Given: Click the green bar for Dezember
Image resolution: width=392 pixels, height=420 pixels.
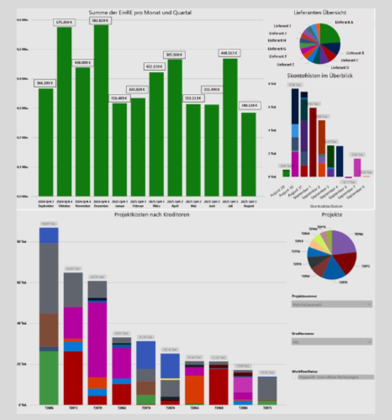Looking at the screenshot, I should tap(101, 112).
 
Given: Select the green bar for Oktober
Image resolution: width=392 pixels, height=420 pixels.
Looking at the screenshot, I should tap(64, 112).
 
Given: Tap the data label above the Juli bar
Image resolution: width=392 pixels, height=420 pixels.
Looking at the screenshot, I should tap(229, 53).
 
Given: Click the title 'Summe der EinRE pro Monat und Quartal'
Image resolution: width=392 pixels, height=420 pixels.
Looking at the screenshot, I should tap(140, 13).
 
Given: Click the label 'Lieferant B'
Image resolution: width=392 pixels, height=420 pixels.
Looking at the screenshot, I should tap(354, 53).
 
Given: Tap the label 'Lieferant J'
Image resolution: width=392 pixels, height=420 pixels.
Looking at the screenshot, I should tap(282, 26).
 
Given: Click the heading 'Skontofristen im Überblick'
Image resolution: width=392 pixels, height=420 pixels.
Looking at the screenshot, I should tap(320, 75).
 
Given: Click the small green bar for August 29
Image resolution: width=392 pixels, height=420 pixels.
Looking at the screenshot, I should tap(286, 173).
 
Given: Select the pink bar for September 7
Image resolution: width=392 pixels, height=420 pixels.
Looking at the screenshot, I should tap(357, 167).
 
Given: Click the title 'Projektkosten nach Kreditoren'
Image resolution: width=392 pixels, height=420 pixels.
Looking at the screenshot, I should tap(152, 215).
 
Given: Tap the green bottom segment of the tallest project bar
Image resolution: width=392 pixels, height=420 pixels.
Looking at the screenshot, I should tap(49, 378).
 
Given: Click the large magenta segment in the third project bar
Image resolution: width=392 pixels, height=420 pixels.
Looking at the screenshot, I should tap(98, 340).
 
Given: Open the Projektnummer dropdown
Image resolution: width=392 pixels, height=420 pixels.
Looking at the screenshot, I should tap(332, 304).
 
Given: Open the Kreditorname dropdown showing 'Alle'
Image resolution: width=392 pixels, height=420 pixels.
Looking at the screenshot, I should tap(332, 342).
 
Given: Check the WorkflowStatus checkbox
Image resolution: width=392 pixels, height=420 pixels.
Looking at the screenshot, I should tap(294, 377).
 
